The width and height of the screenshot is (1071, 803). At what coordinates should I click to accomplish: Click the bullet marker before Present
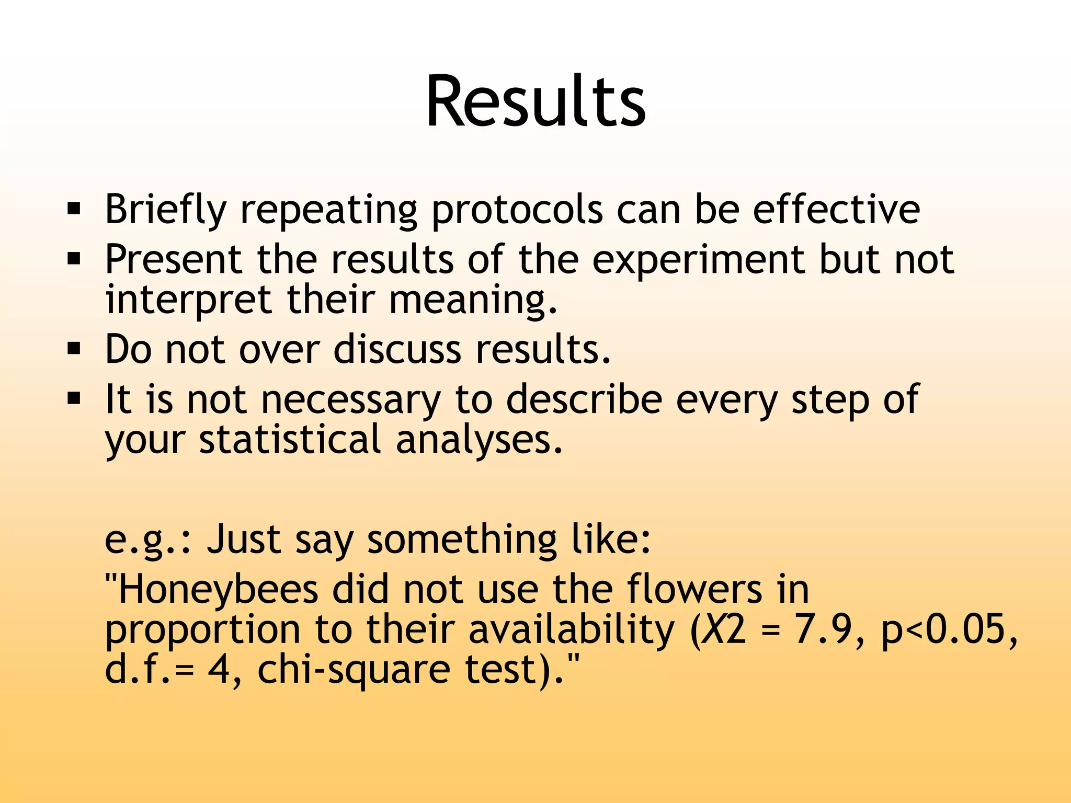coord(74,259)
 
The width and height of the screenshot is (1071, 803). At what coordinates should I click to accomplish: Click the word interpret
coord(188,301)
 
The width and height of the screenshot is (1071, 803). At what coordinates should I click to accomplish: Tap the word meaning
coord(473,301)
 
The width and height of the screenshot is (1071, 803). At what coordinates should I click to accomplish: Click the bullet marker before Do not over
coord(74,349)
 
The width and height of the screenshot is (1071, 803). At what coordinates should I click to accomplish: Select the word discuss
coord(397,349)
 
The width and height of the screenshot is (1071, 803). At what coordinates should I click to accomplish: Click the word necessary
coord(350,400)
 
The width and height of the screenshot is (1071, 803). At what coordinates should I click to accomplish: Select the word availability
coord(571,630)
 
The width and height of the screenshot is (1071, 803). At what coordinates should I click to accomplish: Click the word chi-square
coord(354,670)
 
